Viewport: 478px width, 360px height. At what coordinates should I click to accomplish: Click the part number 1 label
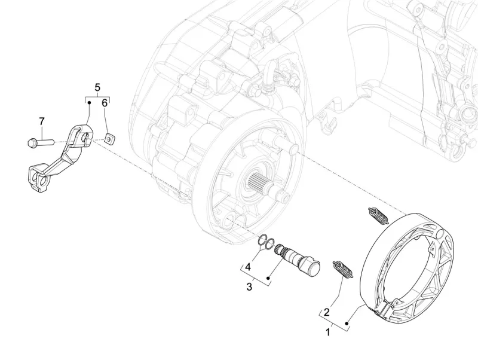pos(329,331)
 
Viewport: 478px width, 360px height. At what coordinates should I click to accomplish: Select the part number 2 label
pos(327,312)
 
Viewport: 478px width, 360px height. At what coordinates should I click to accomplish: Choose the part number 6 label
pos(105,103)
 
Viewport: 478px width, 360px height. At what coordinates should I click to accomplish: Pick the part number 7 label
pos(42,122)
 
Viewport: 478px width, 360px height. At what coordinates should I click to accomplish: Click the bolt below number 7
pos(39,142)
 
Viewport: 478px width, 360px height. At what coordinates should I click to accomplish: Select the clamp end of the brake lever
pos(36,179)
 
